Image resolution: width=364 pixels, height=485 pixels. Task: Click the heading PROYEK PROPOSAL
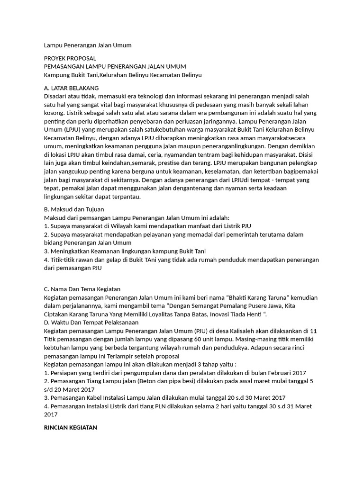pyautogui.click(x=70, y=58)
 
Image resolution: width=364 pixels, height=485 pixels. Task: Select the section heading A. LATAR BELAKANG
pyautogui.click(x=71, y=88)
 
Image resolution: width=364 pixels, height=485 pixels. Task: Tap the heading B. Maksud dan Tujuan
pyautogui.click(x=73, y=209)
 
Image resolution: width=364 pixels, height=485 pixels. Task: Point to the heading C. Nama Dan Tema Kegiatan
pyautogui.click(x=82, y=289)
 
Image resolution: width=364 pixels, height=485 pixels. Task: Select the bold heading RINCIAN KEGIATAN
pyautogui.click(x=70, y=427)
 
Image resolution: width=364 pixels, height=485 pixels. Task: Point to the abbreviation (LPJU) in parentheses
pyautogui.click(x=72, y=129)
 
